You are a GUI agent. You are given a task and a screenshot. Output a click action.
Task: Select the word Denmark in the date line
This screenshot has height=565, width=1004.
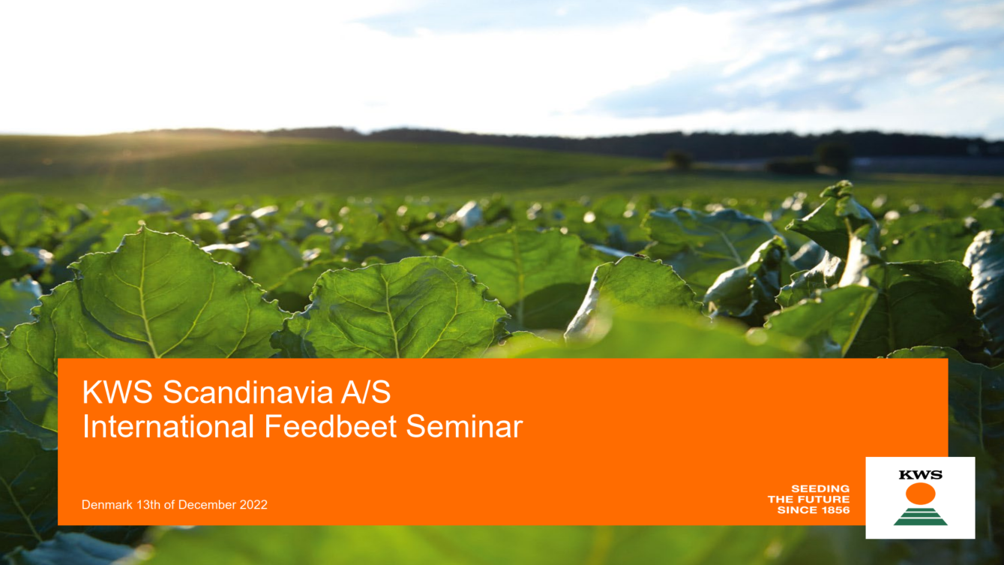click(x=107, y=504)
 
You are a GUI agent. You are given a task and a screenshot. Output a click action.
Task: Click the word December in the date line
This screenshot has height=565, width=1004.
click(x=207, y=504)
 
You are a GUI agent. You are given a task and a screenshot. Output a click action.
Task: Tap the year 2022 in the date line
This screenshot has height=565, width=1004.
click(x=253, y=504)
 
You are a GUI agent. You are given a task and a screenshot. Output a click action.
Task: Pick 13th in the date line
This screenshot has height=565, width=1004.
click(x=148, y=504)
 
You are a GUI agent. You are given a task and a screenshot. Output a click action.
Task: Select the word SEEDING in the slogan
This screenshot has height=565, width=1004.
click(x=820, y=488)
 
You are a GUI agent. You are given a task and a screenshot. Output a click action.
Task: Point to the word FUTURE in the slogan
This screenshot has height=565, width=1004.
click(x=825, y=499)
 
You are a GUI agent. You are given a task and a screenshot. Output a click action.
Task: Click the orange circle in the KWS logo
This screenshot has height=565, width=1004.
click(x=920, y=493)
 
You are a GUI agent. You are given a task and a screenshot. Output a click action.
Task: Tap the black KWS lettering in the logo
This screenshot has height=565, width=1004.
click(x=920, y=475)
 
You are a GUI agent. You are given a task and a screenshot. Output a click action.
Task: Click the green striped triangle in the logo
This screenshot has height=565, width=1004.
click(x=920, y=516)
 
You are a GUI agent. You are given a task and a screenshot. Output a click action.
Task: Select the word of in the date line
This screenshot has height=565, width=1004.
click(x=169, y=504)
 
